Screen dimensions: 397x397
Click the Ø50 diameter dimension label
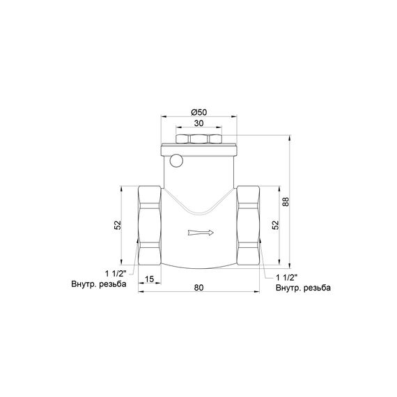coord(198,112)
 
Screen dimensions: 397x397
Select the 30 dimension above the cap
coord(199,123)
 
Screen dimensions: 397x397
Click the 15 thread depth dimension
coord(149,279)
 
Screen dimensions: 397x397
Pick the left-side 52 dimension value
coord(118,225)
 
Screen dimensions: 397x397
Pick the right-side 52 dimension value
coord(276,225)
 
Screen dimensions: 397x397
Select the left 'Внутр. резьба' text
coord(98,284)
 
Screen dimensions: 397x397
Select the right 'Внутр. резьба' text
coord(303,288)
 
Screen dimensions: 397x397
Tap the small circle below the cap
coord(176,162)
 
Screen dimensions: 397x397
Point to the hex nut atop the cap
coord(199,139)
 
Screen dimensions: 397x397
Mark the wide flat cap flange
coord(199,148)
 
